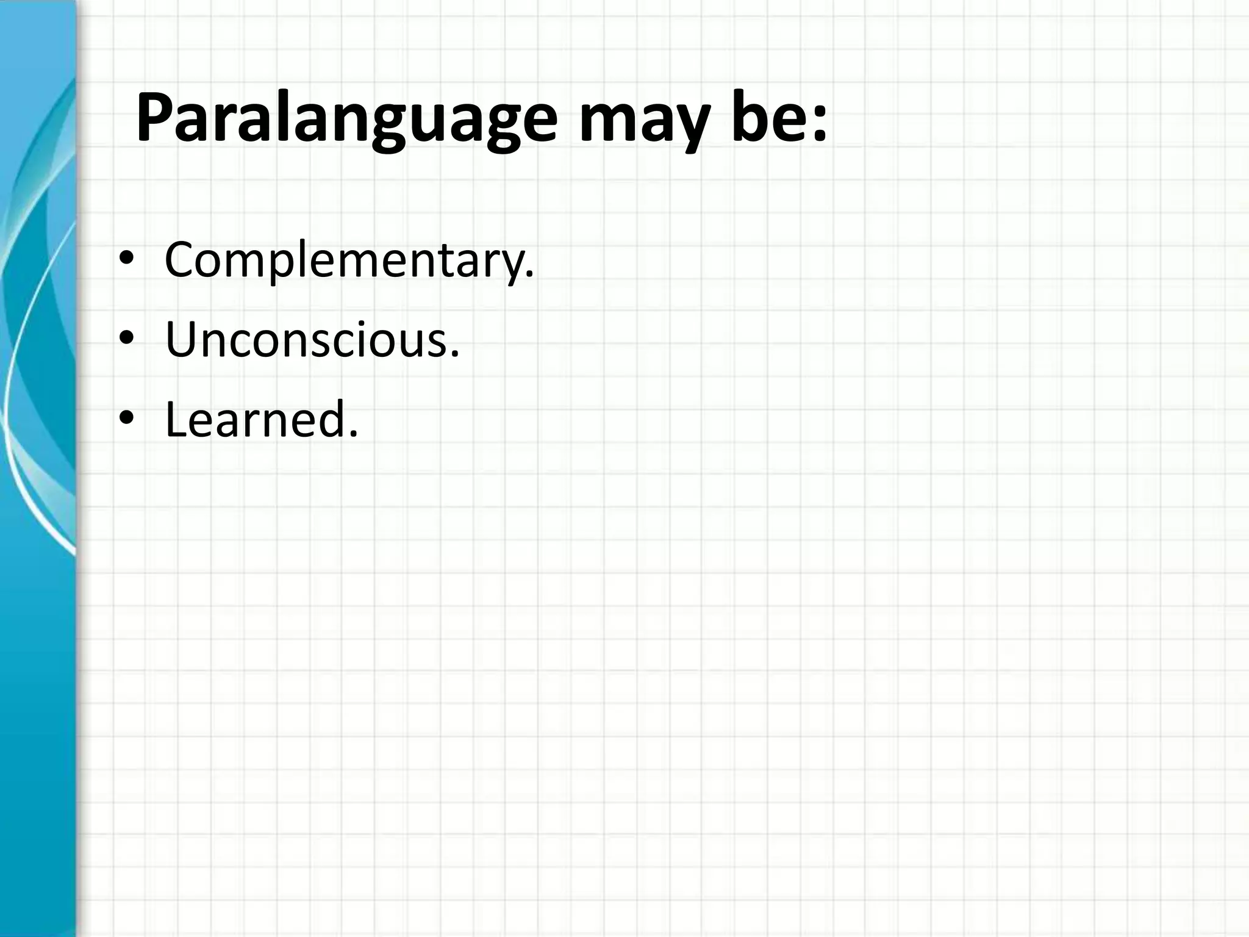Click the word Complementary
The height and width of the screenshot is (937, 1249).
[345, 260]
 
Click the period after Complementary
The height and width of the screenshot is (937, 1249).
[529, 276]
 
